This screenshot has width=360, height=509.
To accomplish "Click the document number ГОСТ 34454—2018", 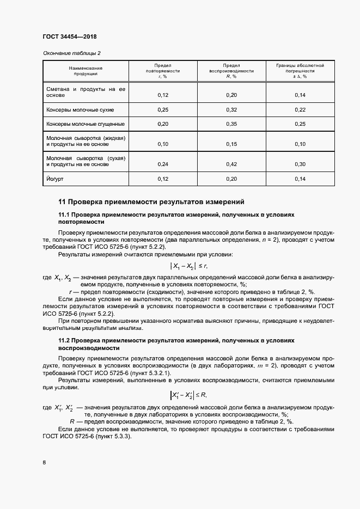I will coord(69,36).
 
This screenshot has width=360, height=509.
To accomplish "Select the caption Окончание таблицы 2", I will coord(71,53).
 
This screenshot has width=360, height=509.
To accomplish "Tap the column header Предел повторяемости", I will coord(162,71).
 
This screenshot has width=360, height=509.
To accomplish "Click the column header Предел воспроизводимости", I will coord(231,71).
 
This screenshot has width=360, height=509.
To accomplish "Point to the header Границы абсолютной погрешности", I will coord(300,71).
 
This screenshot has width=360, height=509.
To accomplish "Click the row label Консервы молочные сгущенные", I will coord(86,124).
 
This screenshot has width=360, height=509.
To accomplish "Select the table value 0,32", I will coord(231,109).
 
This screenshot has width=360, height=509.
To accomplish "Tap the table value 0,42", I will coord(231,164).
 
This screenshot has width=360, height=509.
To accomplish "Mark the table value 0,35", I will coord(231,124).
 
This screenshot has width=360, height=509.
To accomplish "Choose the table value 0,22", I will coord(300,109).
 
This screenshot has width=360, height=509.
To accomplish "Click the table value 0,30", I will coord(300,164).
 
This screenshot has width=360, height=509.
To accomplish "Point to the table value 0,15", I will coord(231,144).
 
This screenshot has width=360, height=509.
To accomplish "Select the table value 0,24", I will coord(162,164).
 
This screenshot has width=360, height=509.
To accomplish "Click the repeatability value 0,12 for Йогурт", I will coord(162,179).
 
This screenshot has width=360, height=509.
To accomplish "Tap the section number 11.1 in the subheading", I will coord(64,214).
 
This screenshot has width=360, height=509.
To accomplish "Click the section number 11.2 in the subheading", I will coord(64,340).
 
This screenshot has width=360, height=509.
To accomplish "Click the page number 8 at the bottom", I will coord(44,463).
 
